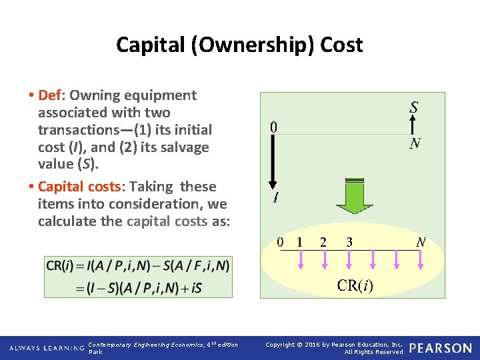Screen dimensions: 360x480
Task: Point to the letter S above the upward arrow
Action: pyautogui.click(x=414, y=107)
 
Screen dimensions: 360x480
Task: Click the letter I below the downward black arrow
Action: pyautogui.click(x=275, y=198)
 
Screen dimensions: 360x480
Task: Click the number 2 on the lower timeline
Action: pyautogui.click(x=323, y=241)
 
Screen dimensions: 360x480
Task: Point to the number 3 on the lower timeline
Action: pyautogui.click(x=349, y=241)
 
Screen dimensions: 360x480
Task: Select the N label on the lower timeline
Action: pyautogui.click(x=421, y=241)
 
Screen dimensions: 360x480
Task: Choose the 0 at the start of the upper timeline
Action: pyautogui.click(x=273, y=127)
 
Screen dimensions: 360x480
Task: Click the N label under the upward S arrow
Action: pyautogui.click(x=415, y=143)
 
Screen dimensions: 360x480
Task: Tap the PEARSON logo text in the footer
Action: pyautogui.click(x=440, y=348)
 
